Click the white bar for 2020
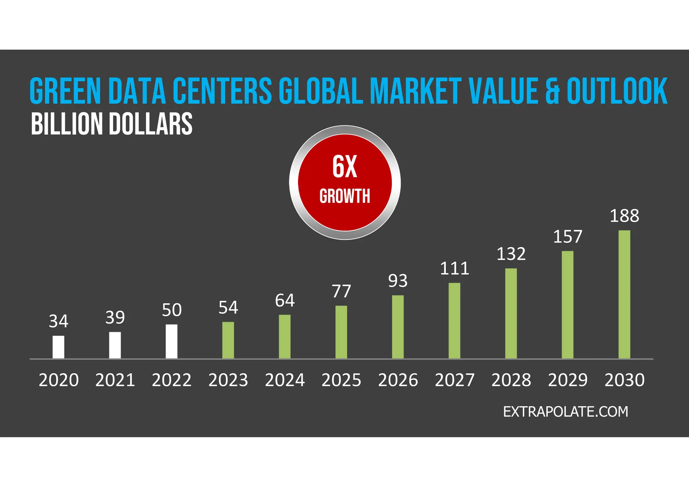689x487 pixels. (x=58, y=347)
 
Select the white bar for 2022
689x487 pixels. (x=172, y=341)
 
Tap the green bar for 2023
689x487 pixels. (x=228, y=340)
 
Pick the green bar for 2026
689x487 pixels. (x=398, y=327)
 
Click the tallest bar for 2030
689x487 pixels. (x=624, y=294)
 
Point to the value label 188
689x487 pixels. (x=624, y=216)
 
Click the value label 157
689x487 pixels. (x=568, y=237)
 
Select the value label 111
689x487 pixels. (x=455, y=269)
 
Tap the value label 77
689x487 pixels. (x=341, y=291)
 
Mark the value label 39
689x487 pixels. (x=115, y=317)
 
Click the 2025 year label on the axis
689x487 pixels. (x=341, y=380)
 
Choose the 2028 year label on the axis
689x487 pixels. (x=511, y=380)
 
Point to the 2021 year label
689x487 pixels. (x=115, y=380)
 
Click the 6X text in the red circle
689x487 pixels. (x=344, y=167)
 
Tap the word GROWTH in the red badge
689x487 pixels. (x=344, y=196)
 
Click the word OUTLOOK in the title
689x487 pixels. (x=617, y=91)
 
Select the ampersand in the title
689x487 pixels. (x=552, y=91)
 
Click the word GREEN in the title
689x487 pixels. (x=65, y=91)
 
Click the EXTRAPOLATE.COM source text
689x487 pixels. (x=566, y=412)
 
